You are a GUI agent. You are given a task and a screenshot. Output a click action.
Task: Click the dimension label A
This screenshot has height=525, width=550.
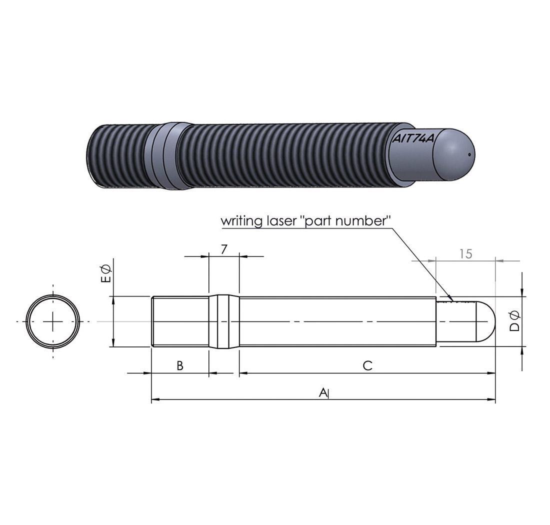pyautogui.click(x=323, y=392)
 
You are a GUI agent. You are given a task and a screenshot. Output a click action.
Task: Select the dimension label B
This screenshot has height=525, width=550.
pyautogui.click(x=180, y=365)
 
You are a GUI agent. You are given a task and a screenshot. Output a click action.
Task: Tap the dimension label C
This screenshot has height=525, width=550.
pyautogui.click(x=367, y=365)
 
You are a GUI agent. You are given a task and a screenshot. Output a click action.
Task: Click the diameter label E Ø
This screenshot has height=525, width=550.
pyautogui.click(x=106, y=274)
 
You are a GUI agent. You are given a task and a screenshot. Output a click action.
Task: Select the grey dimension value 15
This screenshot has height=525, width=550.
pyautogui.click(x=465, y=253)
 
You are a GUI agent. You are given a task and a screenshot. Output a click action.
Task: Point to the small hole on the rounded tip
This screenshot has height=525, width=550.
pyautogui.click(x=469, y=154)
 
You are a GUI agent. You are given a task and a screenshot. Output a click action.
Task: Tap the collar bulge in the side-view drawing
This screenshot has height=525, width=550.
pyautogui.click(x=224, y=321)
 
